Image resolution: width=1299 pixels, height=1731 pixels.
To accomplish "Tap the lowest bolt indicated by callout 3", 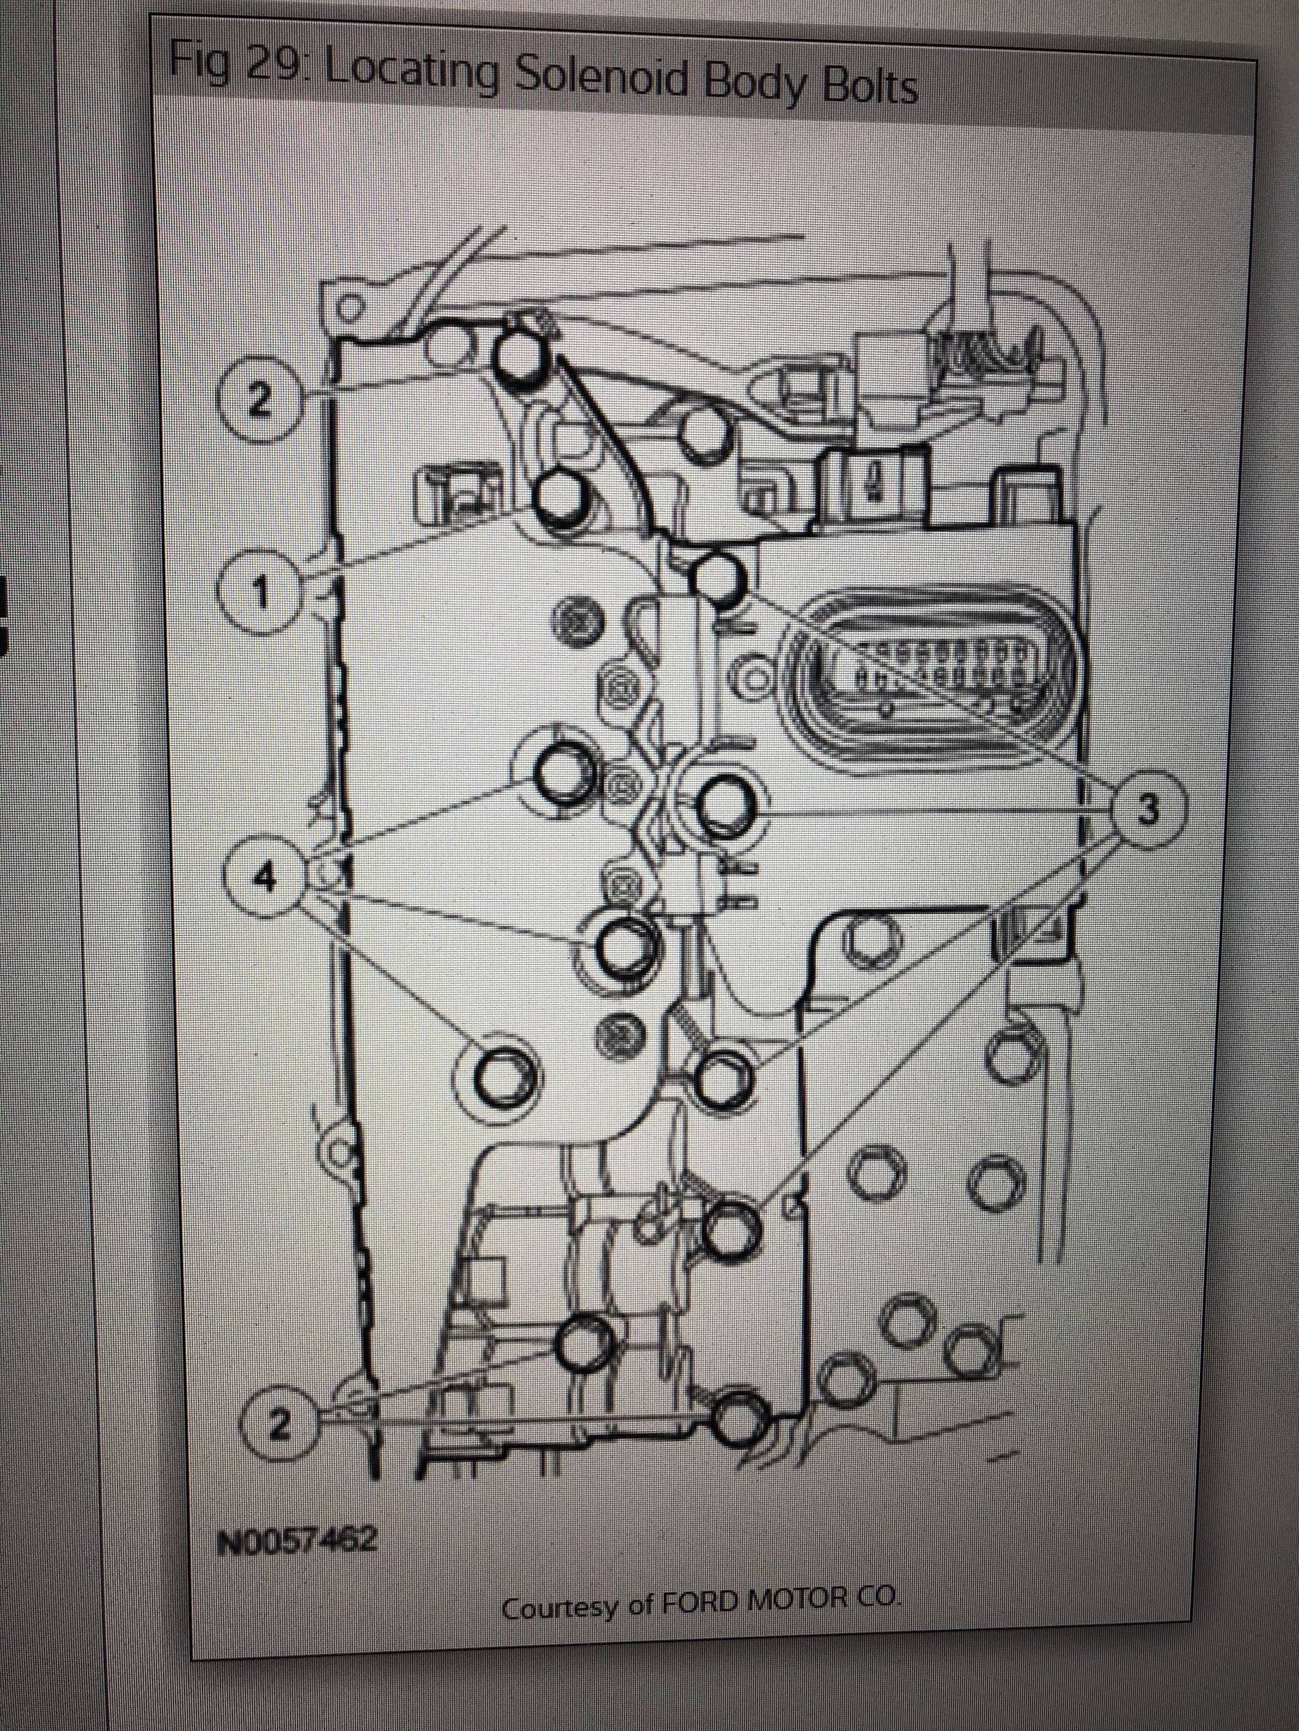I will (732, 1234).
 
